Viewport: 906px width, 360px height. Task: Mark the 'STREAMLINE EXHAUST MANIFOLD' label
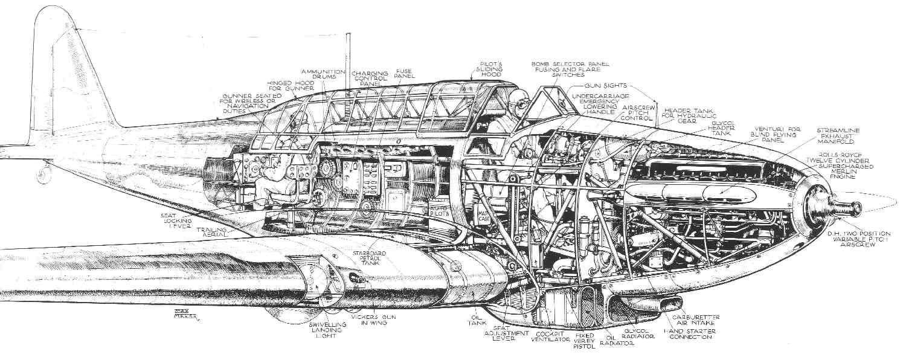[x=836, y=137]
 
